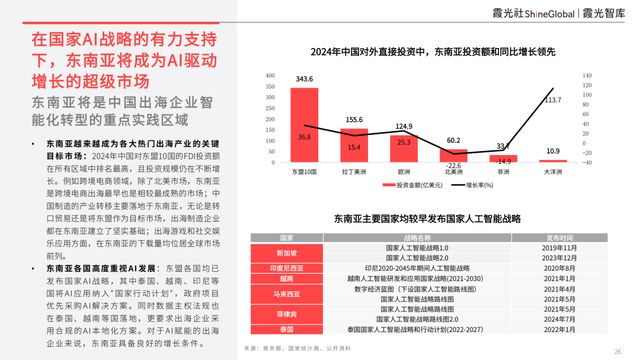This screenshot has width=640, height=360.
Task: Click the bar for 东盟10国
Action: tap(303, 125)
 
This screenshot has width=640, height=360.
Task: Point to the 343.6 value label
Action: tap(303, 78)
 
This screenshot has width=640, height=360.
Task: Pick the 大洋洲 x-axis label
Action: tap(553, 171)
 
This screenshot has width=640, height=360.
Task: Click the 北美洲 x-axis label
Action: tap(453, 171)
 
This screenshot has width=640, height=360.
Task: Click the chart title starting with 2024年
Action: tap(425, 50)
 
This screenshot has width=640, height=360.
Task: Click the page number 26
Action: tap(618, 350)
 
